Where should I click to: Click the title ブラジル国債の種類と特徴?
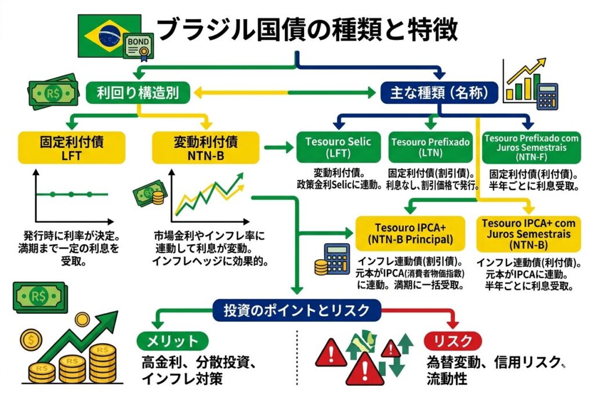tap(307, 29)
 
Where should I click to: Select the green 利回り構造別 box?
tap(140, 92)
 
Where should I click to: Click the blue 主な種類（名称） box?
tap(439, 92)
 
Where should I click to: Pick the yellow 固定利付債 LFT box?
tap(73, 147)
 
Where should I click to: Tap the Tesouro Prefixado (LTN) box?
tap(430, 147)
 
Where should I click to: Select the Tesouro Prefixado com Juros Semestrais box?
tap(531, 147)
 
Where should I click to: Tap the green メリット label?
tap(172, 340)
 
